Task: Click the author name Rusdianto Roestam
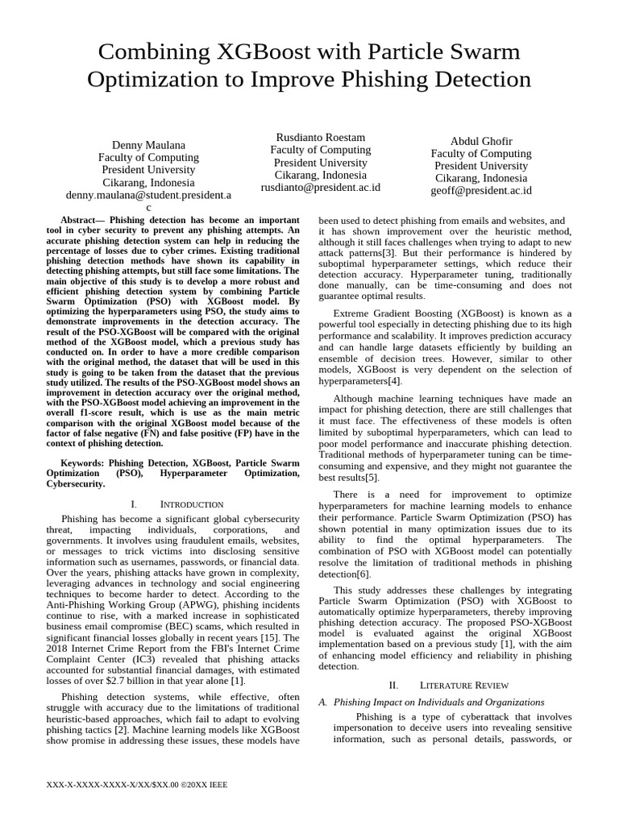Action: pyautogui.click(x=320, y=137)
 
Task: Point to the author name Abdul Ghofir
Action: pyautogui.click(x=480, y=140)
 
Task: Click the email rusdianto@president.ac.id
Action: pyautogui.click(x=320, y=188)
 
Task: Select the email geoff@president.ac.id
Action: pyautogui.click(x=480, y=191)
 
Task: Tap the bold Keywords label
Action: pyautogui.click(x=83, y=463)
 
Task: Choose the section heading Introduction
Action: pyautogui.click(x=192, y=504)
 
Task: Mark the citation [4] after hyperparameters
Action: pyautogui.click(x=393, y=380)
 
